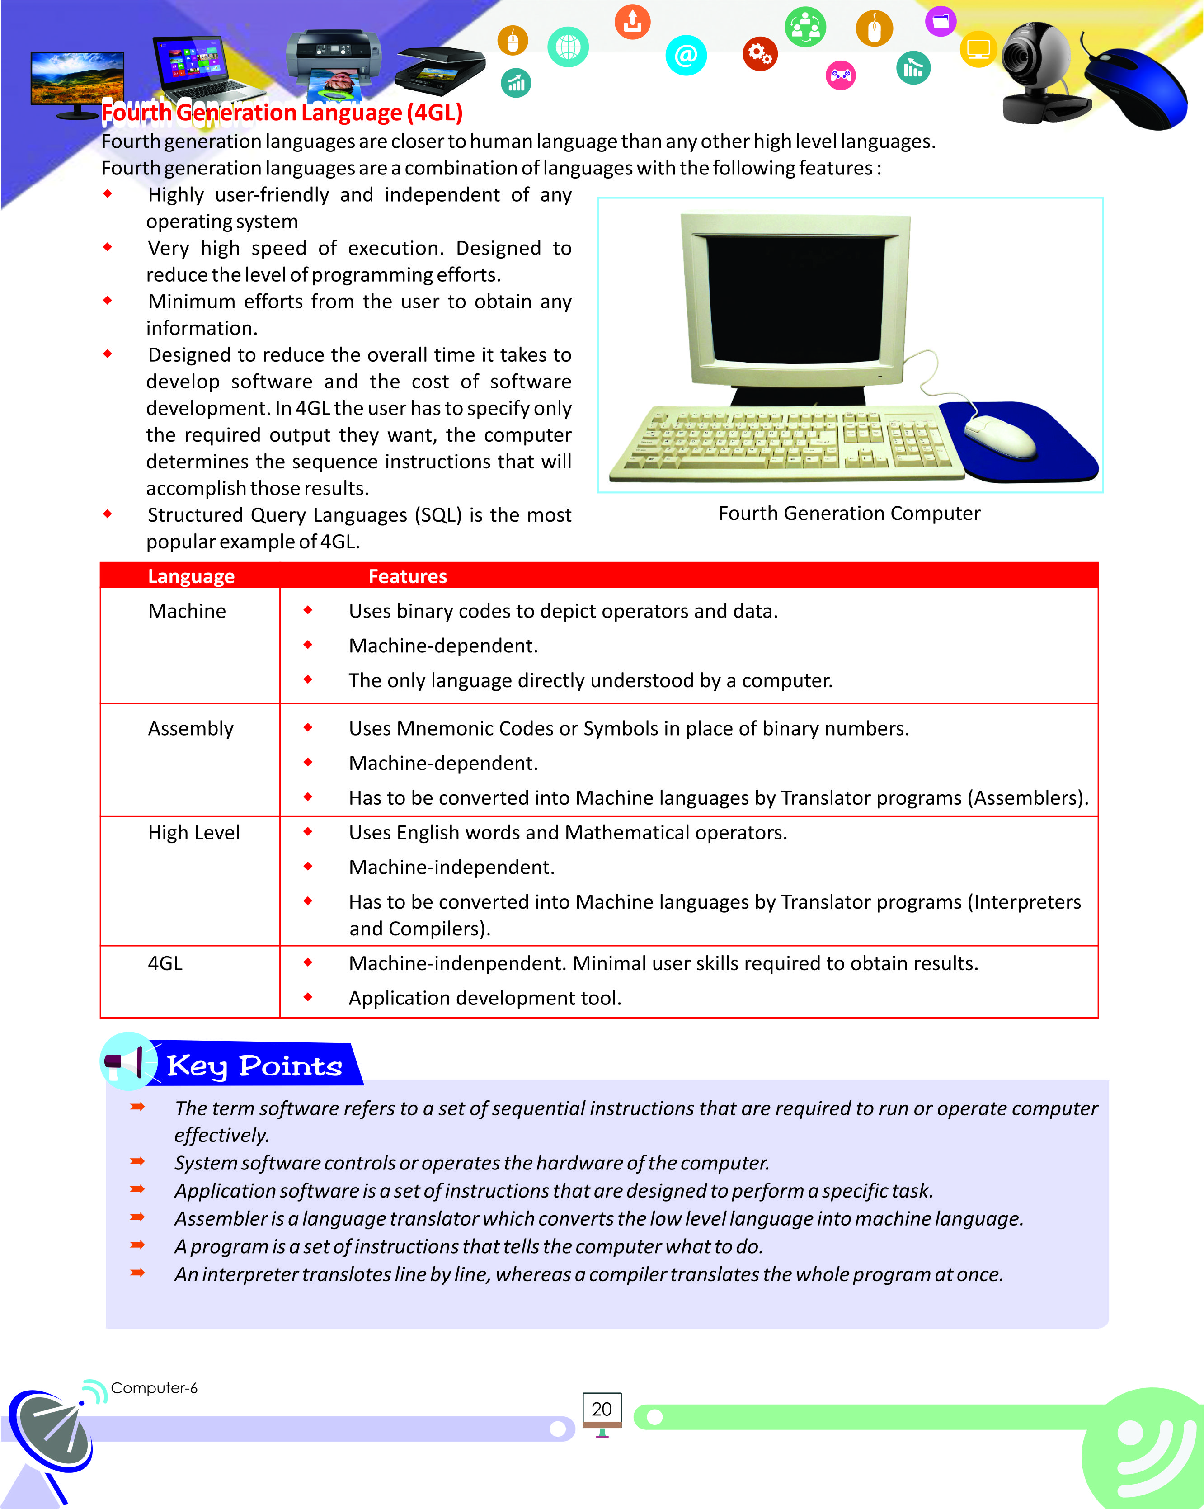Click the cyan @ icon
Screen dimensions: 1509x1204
pos(686,55)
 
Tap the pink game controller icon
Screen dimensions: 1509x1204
pos(840,75)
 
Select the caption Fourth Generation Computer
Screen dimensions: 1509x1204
pos(849,513)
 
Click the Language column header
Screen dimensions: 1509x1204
pos(191,576)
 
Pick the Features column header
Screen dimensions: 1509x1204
pos(407,576)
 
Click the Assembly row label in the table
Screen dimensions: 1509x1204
pos(190,729)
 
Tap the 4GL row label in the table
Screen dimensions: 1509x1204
pos(165,963)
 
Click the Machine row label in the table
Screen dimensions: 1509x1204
pos(187,611)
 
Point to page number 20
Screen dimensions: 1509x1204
pos(601,1409)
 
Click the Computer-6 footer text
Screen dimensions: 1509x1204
pos(154,1388)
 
